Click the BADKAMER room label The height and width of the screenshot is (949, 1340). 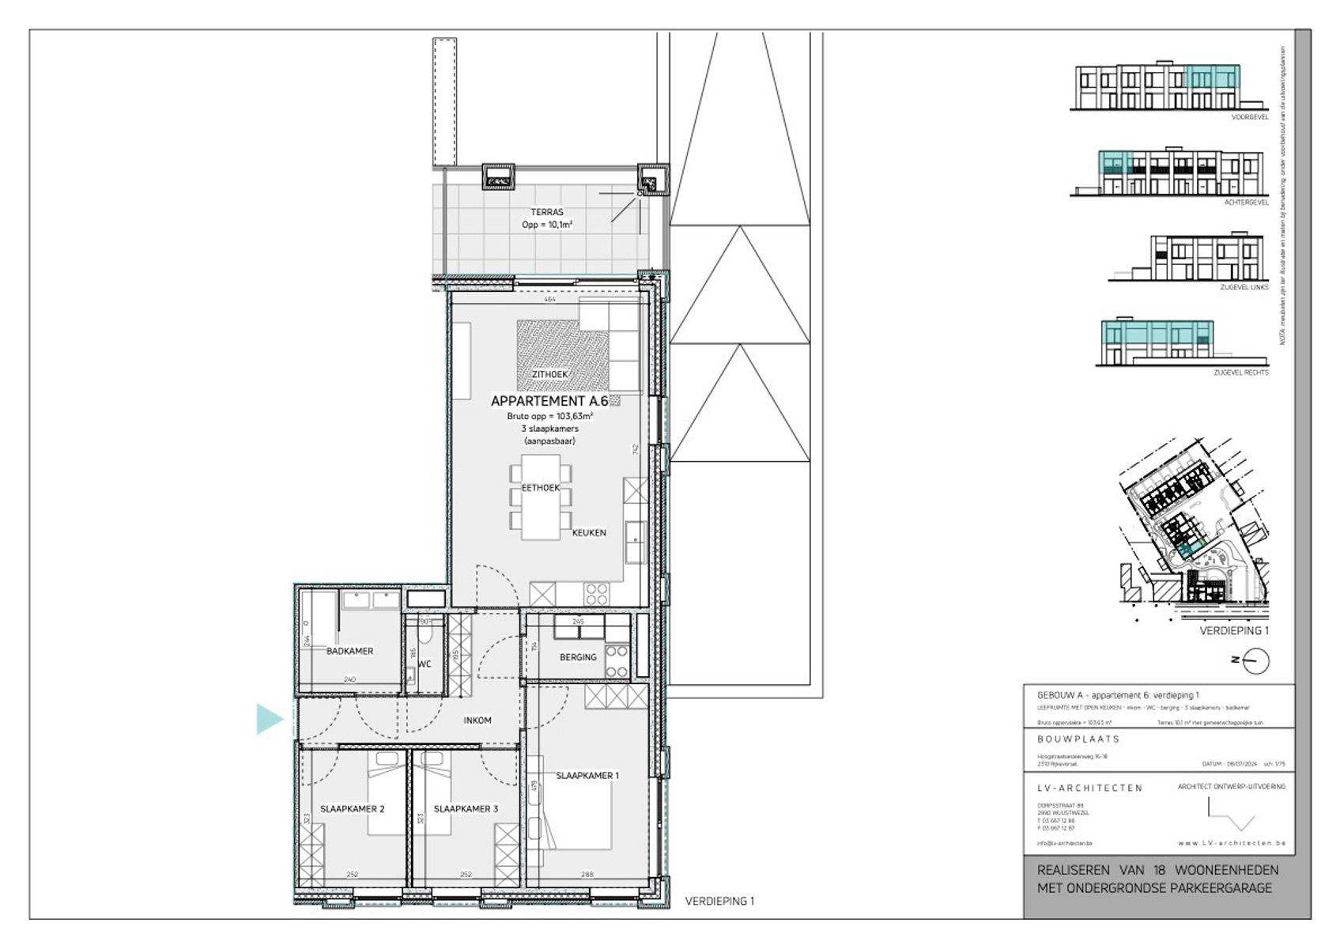[349, 651]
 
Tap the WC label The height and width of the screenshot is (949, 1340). [425, 664]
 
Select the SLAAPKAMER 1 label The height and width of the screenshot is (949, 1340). [587, 776]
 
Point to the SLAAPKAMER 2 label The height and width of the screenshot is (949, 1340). [352, 809]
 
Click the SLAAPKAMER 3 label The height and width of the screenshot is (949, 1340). [466, 809]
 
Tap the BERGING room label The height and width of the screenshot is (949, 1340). [578, 657]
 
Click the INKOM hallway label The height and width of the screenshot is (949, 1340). [477, 720]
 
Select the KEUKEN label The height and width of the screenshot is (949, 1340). [589, 533]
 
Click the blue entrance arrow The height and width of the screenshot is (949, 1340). [269, 719]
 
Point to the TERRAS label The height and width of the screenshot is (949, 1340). [547, 212]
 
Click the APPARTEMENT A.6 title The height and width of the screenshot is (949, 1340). [549, 401]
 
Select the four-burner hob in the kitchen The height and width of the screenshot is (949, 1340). [597, 593]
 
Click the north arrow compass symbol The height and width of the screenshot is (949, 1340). [1255, 660]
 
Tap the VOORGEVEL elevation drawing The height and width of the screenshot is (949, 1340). [1157, 87]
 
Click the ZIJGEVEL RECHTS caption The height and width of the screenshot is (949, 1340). [1240, 372]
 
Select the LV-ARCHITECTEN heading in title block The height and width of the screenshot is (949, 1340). [1089, 788]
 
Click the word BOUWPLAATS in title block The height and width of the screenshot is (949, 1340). [1078, 739]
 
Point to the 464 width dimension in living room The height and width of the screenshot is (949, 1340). [549, 300]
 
